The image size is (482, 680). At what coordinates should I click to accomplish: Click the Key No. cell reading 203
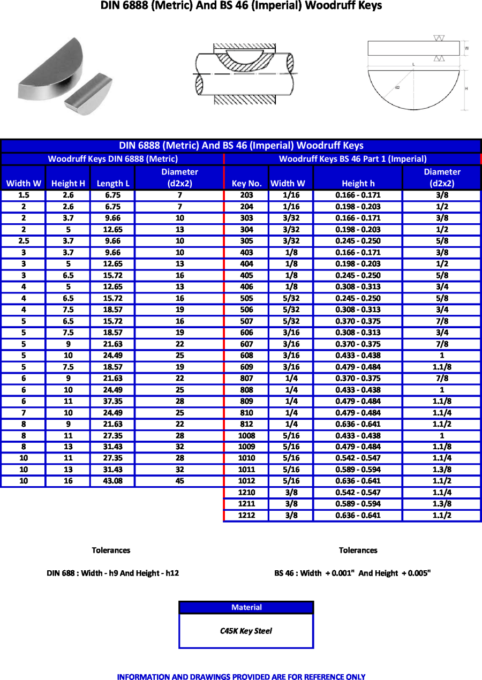246,195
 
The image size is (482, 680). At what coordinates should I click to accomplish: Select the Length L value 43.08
112,481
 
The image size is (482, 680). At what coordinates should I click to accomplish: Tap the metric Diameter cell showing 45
179,481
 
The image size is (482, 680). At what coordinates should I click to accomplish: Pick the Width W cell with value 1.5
24,195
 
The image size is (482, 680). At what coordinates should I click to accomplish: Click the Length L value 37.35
112,401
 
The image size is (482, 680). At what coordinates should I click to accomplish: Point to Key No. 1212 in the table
246,515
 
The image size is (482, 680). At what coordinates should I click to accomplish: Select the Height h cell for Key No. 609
358,367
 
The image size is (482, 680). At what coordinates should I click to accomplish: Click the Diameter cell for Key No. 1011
442,470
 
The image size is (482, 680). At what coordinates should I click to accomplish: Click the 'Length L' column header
113,183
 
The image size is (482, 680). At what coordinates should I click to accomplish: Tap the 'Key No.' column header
246,183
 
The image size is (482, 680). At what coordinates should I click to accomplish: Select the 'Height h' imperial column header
358,183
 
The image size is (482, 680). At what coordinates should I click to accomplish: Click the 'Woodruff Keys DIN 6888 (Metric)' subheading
112,158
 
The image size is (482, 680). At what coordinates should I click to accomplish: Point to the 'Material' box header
246,607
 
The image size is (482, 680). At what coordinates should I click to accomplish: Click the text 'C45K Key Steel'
246,631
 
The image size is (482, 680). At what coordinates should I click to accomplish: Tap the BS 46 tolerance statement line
352,573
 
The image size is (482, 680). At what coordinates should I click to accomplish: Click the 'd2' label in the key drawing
397,87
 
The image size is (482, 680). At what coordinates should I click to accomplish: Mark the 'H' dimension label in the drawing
466,88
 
